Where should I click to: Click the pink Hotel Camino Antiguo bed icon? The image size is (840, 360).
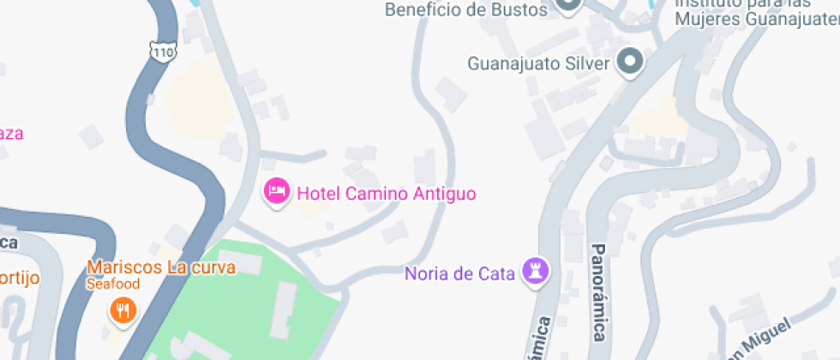coord(276,191)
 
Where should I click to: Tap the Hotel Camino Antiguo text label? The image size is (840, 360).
coord(386,193)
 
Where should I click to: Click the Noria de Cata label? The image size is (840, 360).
coord(459,274)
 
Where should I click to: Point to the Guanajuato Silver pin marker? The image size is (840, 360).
coord(631,62)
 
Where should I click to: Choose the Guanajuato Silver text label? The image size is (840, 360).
coord(538,63)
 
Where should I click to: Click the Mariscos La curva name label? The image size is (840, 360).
coord(161,267)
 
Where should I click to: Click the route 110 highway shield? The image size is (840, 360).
coord(162,51)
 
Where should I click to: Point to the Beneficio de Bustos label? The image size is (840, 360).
coord(465,10)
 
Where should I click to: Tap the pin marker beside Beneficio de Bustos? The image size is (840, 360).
coord(567,5)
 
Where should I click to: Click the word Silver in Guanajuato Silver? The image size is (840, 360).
coord(587,63)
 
